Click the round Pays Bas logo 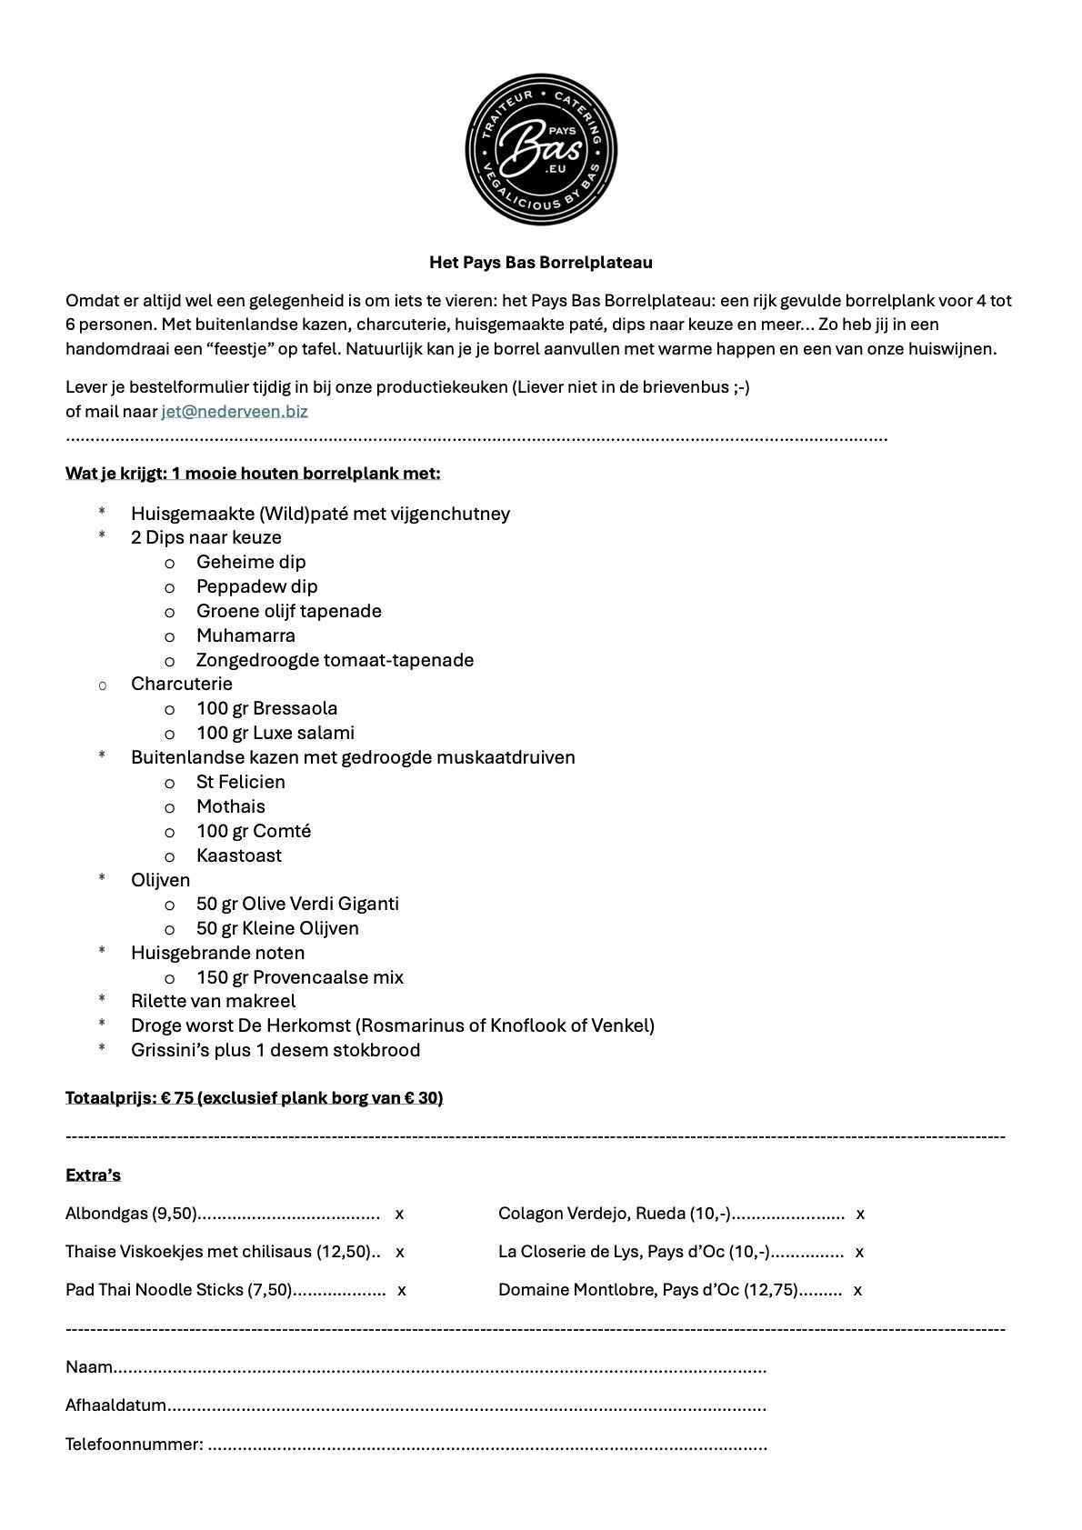(541, 150)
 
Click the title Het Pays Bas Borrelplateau (541, 263)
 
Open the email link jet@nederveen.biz (235, 411)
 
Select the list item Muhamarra (245, 635)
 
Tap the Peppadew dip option (256, 586)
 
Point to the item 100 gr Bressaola (266, 708)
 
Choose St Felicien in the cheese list (240, 782)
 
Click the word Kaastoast (238, 855)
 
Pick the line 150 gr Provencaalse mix (299, 977)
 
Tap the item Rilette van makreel (213, 1001)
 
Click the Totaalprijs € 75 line (254, 1097)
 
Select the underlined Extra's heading (93, 1175)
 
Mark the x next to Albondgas (399, 1214)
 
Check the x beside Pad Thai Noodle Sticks (402, 1290)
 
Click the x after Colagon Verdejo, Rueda (860, 1214)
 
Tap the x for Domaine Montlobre (857, 1290)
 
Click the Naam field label (89, 1367)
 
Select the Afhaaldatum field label (115, 1405)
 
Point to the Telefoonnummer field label (134, 1444)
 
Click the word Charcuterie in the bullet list (181, 684)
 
